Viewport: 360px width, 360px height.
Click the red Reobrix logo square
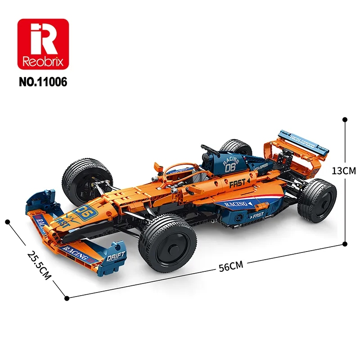[44, 44]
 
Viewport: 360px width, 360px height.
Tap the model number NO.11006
[44, 82]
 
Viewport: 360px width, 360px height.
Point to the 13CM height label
[343, 171]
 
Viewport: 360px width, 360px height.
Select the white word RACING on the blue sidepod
[237, 204]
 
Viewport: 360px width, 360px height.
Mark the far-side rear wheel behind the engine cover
[234, 148]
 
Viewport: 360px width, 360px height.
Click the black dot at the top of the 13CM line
[345, 120]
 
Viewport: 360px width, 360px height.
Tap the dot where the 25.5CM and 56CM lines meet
[67, 297]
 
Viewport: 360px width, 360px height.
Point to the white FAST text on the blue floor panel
[256, 216]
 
